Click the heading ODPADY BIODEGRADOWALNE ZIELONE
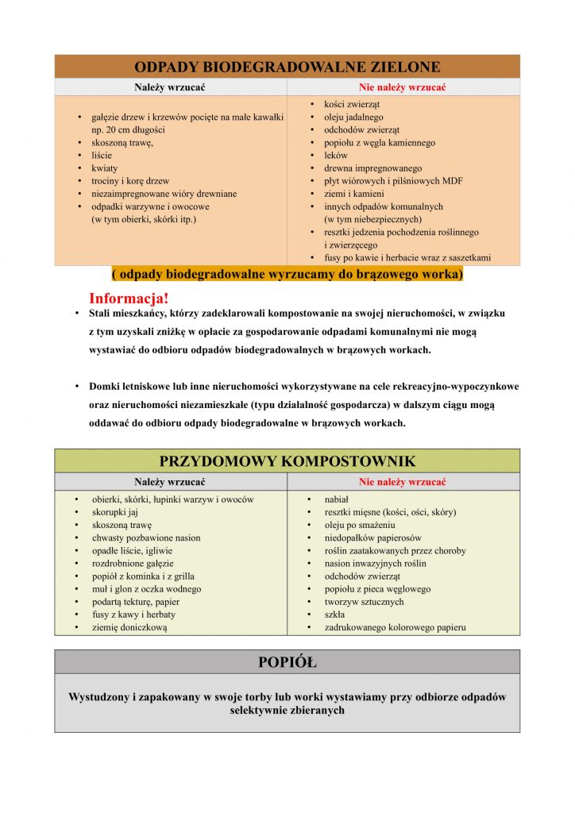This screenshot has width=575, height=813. point(287,66)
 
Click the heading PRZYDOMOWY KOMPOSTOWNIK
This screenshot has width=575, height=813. point(287,460)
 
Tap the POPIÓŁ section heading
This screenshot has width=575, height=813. point(287,661)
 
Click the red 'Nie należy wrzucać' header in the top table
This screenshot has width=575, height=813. point(402,87)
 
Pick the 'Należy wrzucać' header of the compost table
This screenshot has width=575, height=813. point(170,482)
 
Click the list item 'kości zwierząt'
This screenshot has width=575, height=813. point(351,105)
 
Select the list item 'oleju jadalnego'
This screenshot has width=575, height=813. point(353,118)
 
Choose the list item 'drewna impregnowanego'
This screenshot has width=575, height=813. point(372,168)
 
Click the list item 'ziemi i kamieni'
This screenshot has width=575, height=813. point(353,194)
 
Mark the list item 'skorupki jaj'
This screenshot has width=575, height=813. point(114,512)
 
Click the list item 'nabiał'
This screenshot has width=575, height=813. point(337,499)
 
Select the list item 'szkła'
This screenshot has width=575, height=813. point(334,615)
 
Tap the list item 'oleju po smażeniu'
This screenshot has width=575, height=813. point(359,525)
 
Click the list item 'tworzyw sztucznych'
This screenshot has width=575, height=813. point(364,602)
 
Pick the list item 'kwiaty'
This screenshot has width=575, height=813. point(104,168)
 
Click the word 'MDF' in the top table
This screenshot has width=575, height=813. point(452,181)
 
